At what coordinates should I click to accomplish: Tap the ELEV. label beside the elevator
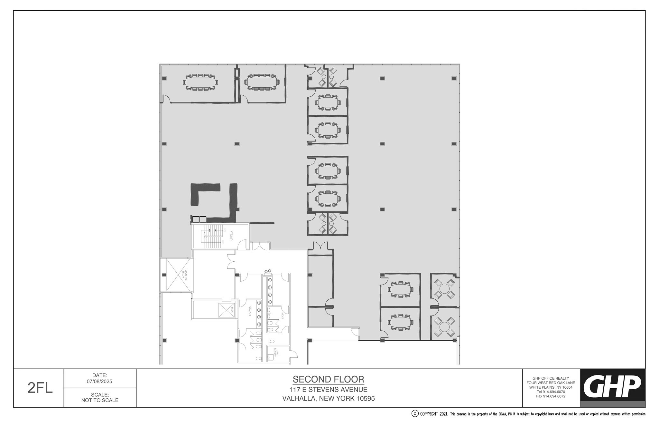(232, 310)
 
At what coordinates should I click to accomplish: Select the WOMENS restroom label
(249, 311)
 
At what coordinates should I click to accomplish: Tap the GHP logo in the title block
(612, 387)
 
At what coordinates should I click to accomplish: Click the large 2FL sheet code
(40, 388)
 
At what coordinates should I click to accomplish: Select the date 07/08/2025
(100, 381)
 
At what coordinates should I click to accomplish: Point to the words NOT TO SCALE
(100, 400)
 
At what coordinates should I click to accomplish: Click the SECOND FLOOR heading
(328, 379)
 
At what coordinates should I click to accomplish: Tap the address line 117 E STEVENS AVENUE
(328, 390)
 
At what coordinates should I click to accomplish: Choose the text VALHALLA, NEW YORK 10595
(328, 399)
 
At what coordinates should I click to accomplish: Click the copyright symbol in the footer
(415, 414)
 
